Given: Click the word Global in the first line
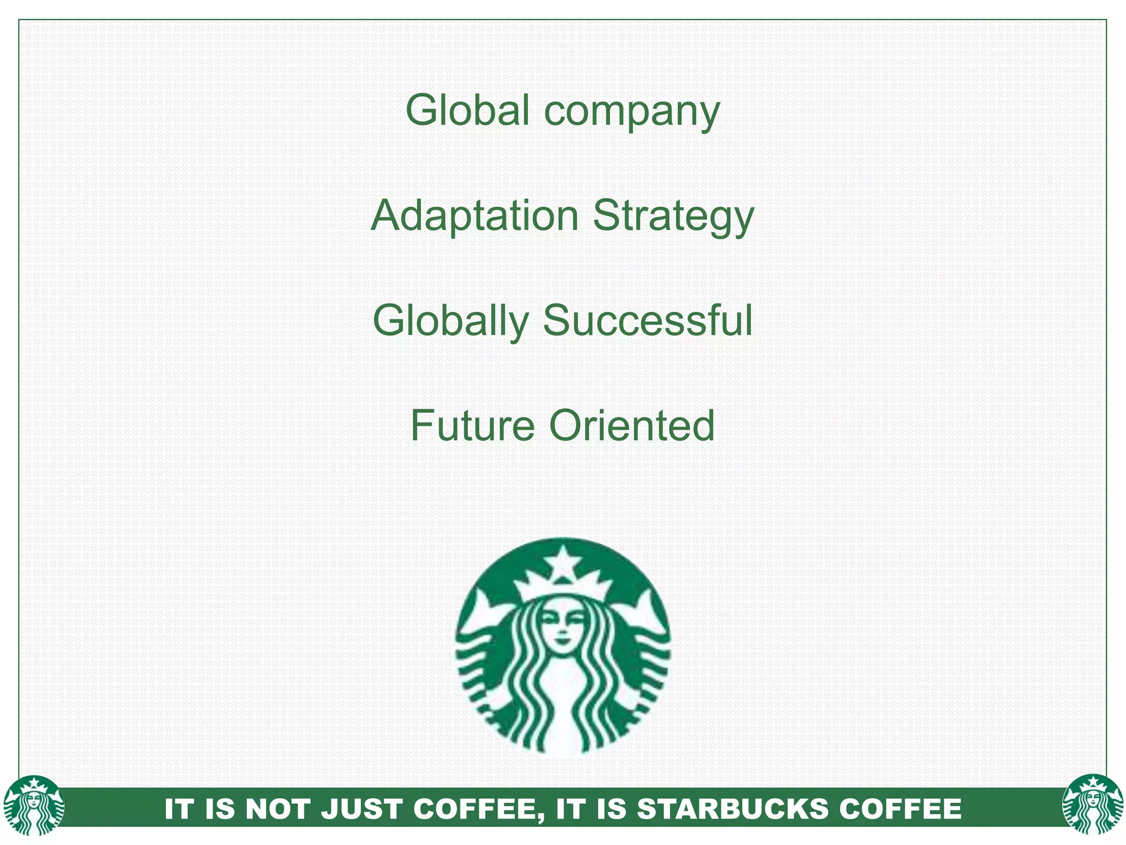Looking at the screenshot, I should coord(467,110).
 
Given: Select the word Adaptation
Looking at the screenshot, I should coord(474,216).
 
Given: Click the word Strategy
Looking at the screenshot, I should coord(673,217).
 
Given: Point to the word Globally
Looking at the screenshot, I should coord(451,321).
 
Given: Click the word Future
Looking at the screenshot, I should coord(472,426).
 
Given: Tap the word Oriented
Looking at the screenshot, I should coord(632,426).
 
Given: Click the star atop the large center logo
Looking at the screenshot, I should coord(562,565).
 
